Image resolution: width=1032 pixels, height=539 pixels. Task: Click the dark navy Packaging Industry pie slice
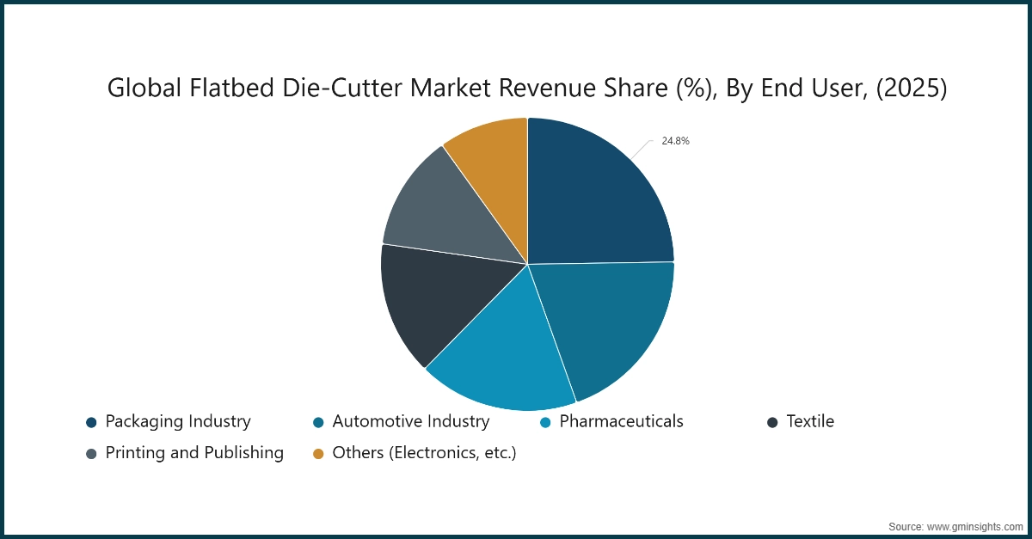[x=593, y=198]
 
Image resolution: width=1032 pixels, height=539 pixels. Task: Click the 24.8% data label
[x=675, y=141]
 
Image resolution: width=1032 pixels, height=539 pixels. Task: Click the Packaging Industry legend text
[x=178, y=421]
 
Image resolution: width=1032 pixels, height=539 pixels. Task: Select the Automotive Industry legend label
[x=410, y=421]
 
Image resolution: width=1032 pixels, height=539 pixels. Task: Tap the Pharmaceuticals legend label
[x=621, y=421]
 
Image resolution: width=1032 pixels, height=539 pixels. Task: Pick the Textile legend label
[x=810, y=421]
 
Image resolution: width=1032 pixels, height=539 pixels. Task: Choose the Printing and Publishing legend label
[x=194, y=452]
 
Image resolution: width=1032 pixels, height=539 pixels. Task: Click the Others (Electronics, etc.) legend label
[x=424, y=452]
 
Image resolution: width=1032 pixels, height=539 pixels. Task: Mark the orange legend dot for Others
[x=318, y=453]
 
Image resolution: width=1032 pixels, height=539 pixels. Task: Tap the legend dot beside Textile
[x=772, y=422]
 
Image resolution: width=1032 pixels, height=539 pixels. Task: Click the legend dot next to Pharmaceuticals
[x=545, y=422]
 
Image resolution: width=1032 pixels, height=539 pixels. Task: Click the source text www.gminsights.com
[x=977, y=525]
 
